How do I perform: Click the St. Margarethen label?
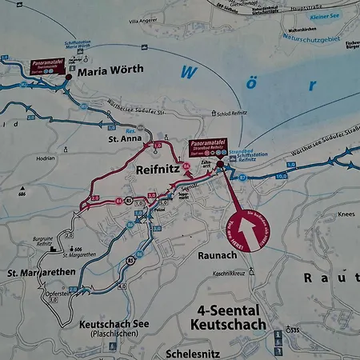pyautogui.click(x=42, y=274)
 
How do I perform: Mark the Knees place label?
pyautogui.click(x=346, y=214)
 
